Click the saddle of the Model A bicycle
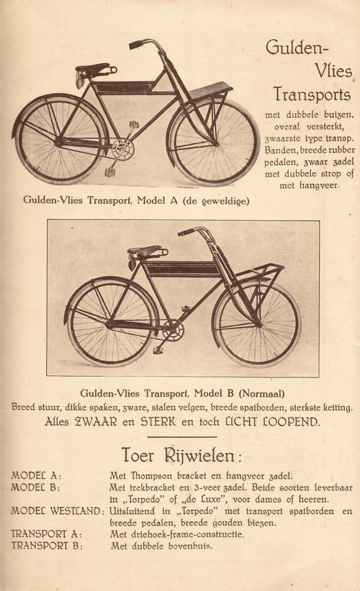point(92,70)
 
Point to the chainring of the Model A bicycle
point(123,150)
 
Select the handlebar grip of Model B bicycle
point(186,232)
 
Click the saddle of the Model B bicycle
point(145,251)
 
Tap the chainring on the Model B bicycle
point(172,331)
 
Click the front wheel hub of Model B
point(258,324)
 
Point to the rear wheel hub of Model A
point(59,141)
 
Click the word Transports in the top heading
point(312,94)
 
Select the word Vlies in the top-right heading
point(333,71)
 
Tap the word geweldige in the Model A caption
point(220,200)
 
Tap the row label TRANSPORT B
point(47,546)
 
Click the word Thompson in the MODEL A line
point(155,476)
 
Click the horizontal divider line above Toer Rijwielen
point(182,437)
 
